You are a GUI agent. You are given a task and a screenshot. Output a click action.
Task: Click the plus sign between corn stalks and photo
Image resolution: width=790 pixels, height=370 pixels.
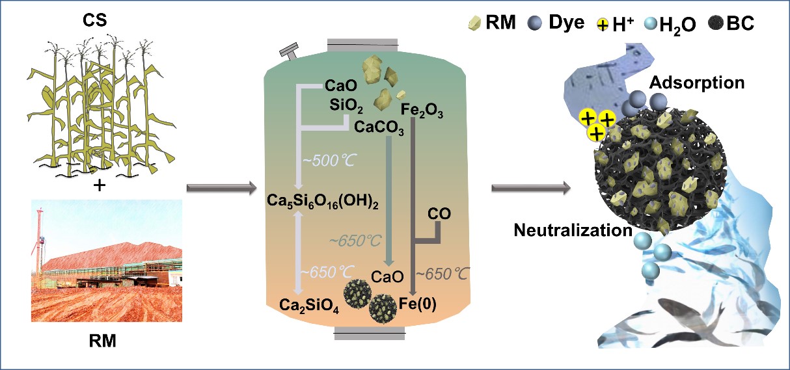[99, 186]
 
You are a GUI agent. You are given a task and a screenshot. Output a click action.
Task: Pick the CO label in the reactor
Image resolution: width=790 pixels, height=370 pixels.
[440, 213]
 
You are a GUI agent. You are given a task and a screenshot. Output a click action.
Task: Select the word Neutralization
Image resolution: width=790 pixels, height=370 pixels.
[572, 230]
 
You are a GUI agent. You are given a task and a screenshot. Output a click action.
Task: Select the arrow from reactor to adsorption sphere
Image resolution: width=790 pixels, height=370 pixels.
[530, 189]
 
